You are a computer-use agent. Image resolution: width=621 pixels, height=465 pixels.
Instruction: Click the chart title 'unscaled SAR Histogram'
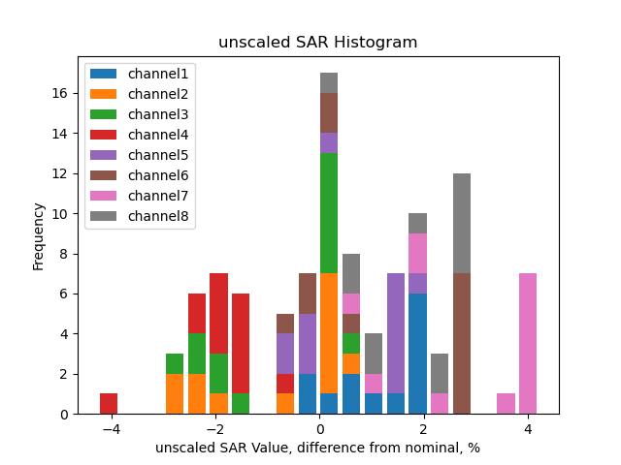(x=317, y=43)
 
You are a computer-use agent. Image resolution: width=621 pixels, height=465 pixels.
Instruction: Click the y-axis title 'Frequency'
(x=39, y=235)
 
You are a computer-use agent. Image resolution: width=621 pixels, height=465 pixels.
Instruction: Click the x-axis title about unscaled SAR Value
(x=317, y=448)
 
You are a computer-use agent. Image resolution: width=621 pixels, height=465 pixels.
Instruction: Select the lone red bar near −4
(x=109, y=404)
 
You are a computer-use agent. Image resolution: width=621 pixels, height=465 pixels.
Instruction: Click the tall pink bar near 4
(x=528, y=344)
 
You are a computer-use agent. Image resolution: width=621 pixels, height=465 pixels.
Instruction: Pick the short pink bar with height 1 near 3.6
(x=506, y=404)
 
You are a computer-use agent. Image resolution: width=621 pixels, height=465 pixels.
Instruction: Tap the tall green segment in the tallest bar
(x=329, y=213)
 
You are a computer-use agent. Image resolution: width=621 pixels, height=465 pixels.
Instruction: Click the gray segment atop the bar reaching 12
(x=462, y=223)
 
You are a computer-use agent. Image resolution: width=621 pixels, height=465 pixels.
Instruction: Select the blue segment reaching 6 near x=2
(x=418, y=354)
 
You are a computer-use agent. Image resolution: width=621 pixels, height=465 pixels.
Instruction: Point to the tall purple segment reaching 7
(x=396, y=333)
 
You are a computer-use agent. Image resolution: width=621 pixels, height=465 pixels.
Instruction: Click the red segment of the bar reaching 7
(x=219, y=314)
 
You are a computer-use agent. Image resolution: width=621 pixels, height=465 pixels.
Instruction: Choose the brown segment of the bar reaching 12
(x=462, y=344)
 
